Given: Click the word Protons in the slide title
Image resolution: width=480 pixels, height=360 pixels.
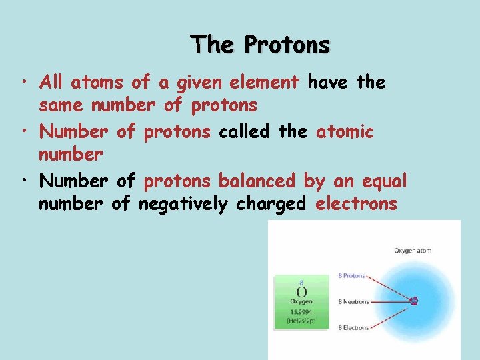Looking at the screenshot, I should point(287,45).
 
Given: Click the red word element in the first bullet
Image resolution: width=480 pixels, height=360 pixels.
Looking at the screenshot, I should point(264,83).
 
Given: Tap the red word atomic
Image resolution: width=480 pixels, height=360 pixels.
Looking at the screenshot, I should point(345,131).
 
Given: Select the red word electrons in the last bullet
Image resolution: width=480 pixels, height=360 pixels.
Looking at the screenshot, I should point(356,204).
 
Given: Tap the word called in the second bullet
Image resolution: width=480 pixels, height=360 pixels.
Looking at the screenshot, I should point(243,131).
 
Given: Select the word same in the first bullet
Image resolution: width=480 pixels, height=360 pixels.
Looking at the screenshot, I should point(62,105).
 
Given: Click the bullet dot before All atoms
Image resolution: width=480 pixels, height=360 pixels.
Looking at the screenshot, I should point(23,83).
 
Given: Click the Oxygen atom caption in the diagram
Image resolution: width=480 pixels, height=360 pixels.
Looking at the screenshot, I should point(413,251).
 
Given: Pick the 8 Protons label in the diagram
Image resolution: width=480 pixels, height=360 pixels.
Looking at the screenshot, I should point(351,275).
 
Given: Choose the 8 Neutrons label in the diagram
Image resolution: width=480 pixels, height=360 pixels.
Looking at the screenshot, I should point(353,301).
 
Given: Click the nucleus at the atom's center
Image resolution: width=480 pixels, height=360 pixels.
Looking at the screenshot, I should point(414,301).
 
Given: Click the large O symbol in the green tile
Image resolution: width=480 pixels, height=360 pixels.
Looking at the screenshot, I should point(301,292).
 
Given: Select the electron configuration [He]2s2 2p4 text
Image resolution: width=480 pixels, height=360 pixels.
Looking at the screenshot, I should point(301,321).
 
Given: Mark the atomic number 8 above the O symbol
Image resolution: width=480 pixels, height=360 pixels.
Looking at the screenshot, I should point(301,283).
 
